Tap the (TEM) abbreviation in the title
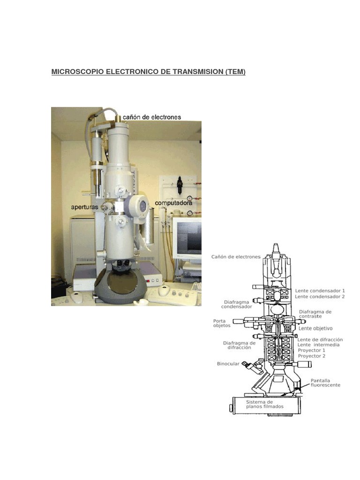point(235,72)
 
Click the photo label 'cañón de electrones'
point(151,117)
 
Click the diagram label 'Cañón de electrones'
point(236,257)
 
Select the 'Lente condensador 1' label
point(320,291)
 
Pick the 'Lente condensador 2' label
point(320,297)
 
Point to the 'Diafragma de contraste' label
point(315,314)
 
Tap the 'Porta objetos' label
point(220,323)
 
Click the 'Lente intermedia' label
point(318,345)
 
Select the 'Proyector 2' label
point(311,356)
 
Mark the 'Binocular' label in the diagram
point(228,364)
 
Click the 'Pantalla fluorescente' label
point(325,382)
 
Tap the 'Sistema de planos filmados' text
point(265,404)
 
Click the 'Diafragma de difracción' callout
point(239,345)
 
